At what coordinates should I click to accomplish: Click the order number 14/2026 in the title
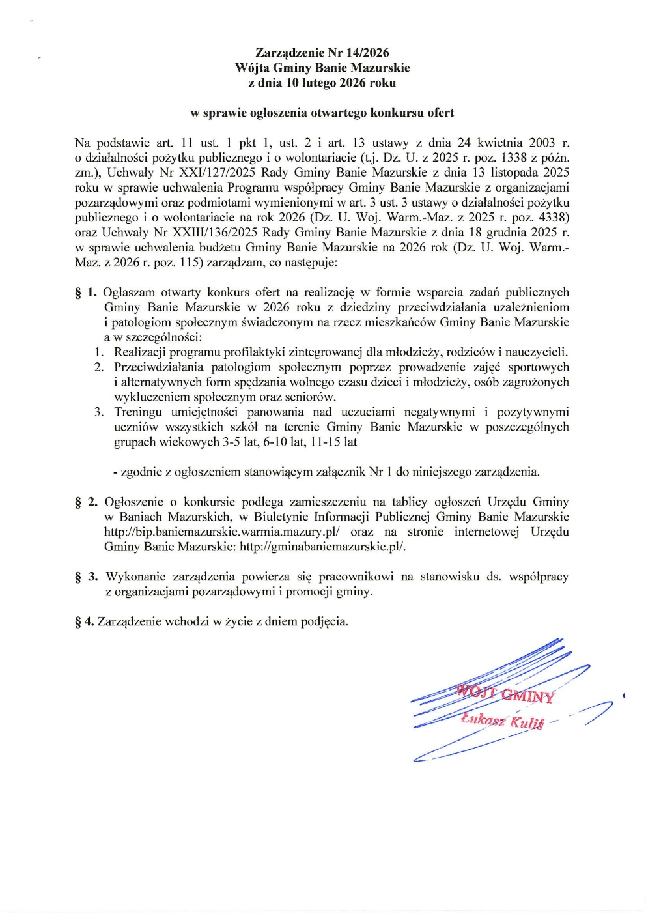pyautogui.click(x=367, y=53)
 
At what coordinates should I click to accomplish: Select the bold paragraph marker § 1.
pyautogui.click(x=86, y=293)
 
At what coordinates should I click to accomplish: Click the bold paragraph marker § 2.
pyautogui.click(x=87, y=502)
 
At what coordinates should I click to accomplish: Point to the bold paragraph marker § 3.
pyautogui.click(x=87, y=577)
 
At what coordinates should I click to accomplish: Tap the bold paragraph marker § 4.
pyautogui.click(x=85, y=621)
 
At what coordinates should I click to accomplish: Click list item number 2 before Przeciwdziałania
pyautogui.click(x=99, y=367)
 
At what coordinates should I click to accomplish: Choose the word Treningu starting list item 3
pyautogui.click(x=138, y=412)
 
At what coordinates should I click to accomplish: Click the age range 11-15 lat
pyautogui.click(x=334, y=442)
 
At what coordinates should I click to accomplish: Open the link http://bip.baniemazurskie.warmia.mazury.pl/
pyautogui.click(x=221, y=532)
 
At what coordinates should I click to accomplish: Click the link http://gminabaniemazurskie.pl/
pyautogui.click(x=322, y=547)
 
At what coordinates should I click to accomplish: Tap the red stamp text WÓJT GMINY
pyautogui.click(x=505, y=694)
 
